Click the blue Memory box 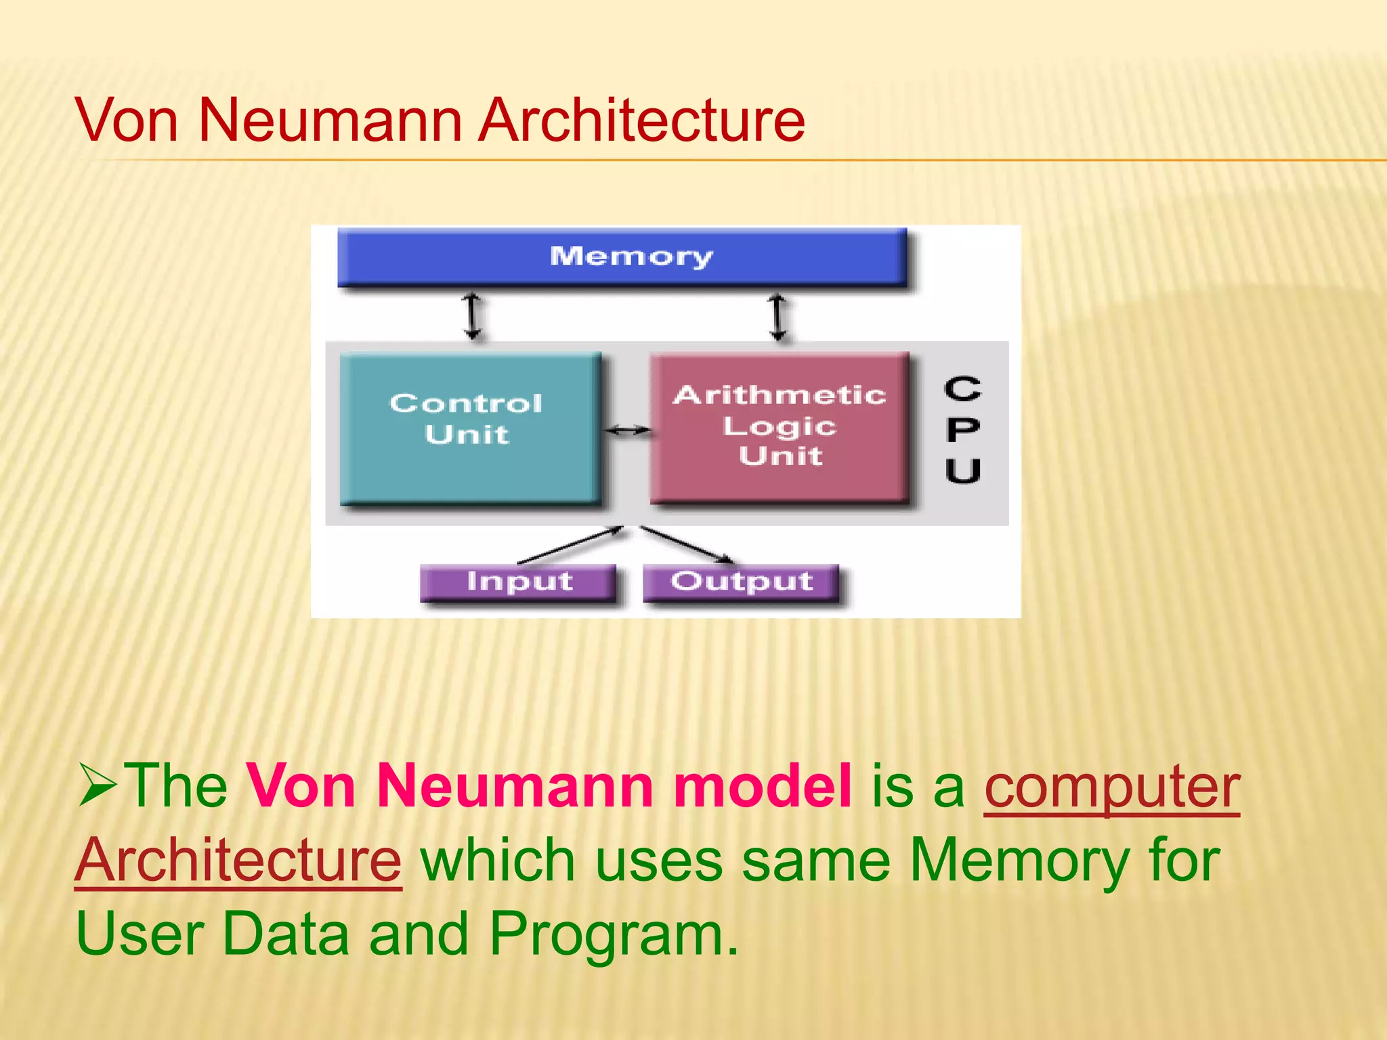[x=622, y=257]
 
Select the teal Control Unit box [x=470, y=428]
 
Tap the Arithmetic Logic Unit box [x=780, y=427]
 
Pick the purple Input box [x=519, y=582]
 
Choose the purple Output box [x=741, y=582]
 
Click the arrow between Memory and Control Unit [x=473, y=316]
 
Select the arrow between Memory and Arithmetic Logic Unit [x=779, y=316]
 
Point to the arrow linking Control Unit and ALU [x=627, y=429]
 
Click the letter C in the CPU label [x=962, y=389]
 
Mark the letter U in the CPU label [x=962, y=470]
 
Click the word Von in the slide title [x=127, y=121]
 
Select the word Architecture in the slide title [x=641, y=121]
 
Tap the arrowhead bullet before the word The [x=98, y=785]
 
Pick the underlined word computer [x=1111, y=787]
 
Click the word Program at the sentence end [x=613, y=934]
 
